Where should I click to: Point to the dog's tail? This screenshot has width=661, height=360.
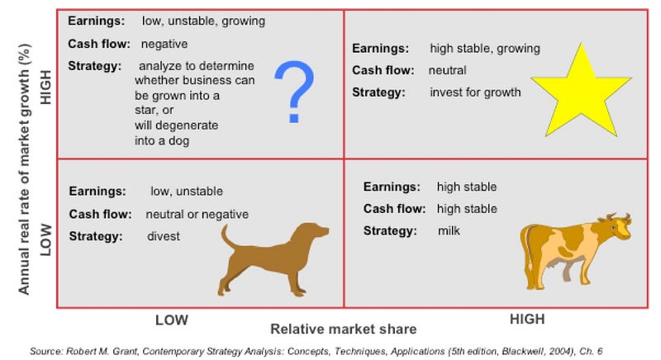[x=231, y=239]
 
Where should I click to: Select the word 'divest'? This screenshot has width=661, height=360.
[x=164, y=236]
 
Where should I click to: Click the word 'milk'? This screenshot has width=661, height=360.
[x=449, y=230]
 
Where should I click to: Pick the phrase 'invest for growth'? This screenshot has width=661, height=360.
[x=476, y=92]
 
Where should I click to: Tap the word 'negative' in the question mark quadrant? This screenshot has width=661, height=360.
[x=164, y=44]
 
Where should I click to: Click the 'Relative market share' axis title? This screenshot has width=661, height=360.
[x=344, y=329]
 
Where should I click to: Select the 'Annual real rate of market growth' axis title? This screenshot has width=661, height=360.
[x=24, y=169]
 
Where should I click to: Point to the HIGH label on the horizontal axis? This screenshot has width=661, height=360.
[x=527, y=320]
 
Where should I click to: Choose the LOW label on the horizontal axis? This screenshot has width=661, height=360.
[x=172, y=320]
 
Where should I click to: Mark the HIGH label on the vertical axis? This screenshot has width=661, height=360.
[x=45, y=88]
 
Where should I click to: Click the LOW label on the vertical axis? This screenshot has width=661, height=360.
[x=45, y=240]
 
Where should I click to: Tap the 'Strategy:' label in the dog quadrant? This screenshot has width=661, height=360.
[x=96, y=236]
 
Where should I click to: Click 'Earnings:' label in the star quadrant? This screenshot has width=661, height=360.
[x=380, y=49]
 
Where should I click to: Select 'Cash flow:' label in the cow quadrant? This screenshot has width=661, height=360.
[x=394, y=209]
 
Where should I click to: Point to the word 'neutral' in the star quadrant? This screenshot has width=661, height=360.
[x=447, y=70]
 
